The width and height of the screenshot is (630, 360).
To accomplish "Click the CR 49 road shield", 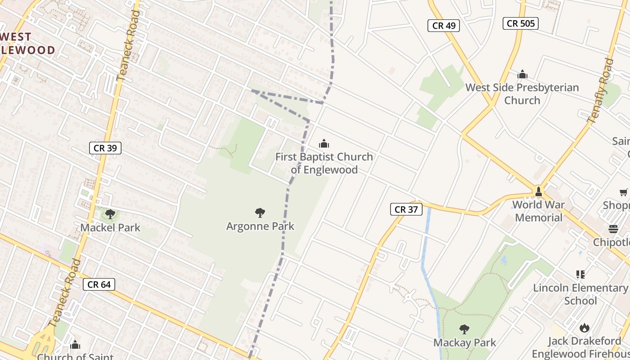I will click(444, 26).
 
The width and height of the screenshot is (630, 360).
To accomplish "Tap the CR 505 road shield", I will click(521, 23).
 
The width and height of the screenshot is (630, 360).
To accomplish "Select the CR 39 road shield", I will click(105, 148).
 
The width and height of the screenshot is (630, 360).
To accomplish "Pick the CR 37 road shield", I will click(406, 209).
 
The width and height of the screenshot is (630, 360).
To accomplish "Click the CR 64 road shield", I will click(99, 284).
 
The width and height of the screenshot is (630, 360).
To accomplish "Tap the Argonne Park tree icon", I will click(260, 212).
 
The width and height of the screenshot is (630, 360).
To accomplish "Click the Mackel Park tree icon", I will click(110, 214).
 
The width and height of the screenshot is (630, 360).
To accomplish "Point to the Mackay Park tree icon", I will click(464, 329).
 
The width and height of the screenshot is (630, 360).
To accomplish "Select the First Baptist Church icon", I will click(324, 144).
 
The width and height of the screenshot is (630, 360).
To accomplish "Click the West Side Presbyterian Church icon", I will click(522, 74).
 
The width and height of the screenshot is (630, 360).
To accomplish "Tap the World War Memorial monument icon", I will click(538, 192).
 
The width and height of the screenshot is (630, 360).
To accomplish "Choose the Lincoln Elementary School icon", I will click(580, 274).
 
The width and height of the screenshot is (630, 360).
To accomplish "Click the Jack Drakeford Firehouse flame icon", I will click(584, 328).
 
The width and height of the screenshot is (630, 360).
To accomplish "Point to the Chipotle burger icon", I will click(613, 229).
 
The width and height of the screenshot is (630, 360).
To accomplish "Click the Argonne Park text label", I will click(260, 226).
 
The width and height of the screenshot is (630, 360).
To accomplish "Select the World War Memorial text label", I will click(539, 211).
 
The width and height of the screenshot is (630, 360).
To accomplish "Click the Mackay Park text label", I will click(464, 342).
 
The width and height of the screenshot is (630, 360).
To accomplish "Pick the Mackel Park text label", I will click(110, 228).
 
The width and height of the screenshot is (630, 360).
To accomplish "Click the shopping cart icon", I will click(624, 193).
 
